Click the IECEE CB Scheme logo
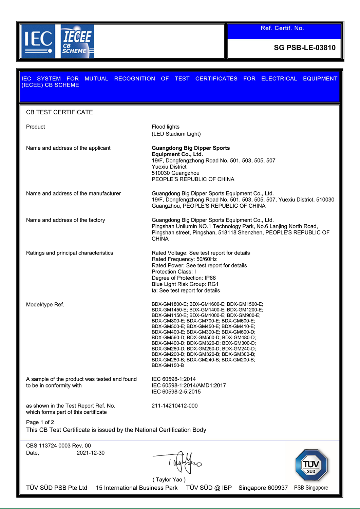[x=77, y=41]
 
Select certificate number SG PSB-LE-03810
[x=304, y=48]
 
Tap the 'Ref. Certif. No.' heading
[x=282, y=28]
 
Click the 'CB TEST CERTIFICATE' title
[x=59, y=112]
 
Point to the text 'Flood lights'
[x=166, y=127]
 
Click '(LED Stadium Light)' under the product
[x=176, y=134]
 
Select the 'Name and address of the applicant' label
[x=68, y=148]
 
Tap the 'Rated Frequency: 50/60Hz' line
[x=184, y=259]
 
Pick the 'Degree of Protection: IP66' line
[x=184, y=278]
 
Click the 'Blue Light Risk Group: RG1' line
[x=185, y=284]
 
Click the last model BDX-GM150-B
[x=168, y=365]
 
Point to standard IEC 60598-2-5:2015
[x=176, y=392]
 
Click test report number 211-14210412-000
[x=174, y=406]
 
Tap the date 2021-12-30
[x=91, y=453]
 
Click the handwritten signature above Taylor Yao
[x=182, y=462]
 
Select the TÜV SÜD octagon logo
[x=311, y=466]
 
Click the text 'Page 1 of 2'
[x=40, y=422]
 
